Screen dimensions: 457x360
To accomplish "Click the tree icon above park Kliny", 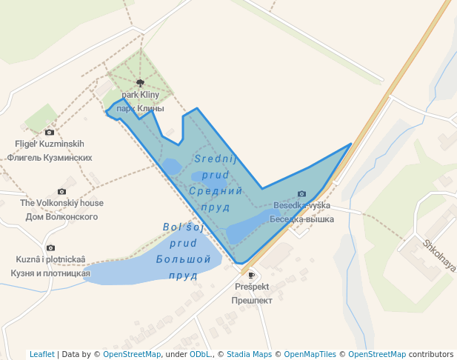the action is (140, 84).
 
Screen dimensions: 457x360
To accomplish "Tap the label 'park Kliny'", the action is (141, 95).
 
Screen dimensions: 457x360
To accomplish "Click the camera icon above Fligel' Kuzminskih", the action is (50, 132).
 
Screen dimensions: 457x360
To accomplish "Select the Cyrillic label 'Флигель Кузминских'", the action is (50, 158).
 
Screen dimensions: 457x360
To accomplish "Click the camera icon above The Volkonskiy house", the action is (61, 191).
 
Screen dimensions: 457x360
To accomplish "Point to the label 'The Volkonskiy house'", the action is (61, 203).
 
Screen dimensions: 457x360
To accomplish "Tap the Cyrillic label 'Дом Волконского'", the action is (61, 217).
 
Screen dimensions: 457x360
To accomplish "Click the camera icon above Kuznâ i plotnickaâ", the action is (50, 247).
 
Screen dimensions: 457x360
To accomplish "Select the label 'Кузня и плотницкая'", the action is (50, 273).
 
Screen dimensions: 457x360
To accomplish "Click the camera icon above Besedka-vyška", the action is (301, 194).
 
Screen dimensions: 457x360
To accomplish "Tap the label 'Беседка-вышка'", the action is (301, 219).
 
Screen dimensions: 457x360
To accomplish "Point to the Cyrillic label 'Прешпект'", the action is (252, 301).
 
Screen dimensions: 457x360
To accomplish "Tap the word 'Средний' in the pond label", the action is (216, 191).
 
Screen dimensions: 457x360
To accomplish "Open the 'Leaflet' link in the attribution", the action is (42, 354).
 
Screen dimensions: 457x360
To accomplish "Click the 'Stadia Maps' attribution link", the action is (249, 354).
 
